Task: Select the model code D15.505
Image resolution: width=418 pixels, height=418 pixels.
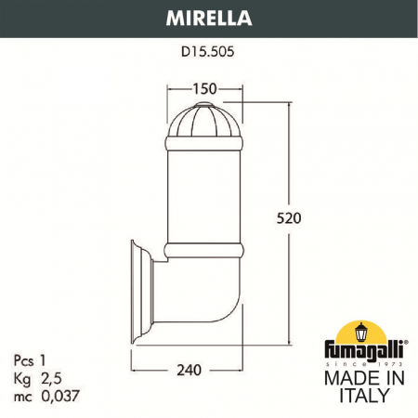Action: click(x=209, y=53)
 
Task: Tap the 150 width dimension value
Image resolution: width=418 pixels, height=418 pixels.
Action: click(x=204, y=88)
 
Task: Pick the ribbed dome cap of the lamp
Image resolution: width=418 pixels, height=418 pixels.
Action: click(x=204, y=121)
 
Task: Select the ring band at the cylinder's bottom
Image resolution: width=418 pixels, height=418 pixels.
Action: click(x=204, y=250)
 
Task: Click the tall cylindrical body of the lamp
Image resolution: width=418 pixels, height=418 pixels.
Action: click(x=204, y=195)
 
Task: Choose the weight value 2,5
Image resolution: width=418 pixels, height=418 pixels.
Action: click(x=50, y=376)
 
